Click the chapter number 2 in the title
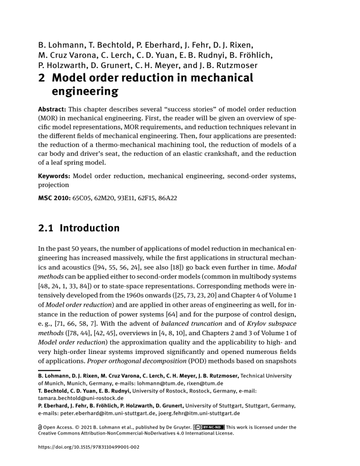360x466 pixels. pyautogui.click(x=41, y=78)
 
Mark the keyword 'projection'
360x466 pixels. pyautogui.click(x=54, y=185)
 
